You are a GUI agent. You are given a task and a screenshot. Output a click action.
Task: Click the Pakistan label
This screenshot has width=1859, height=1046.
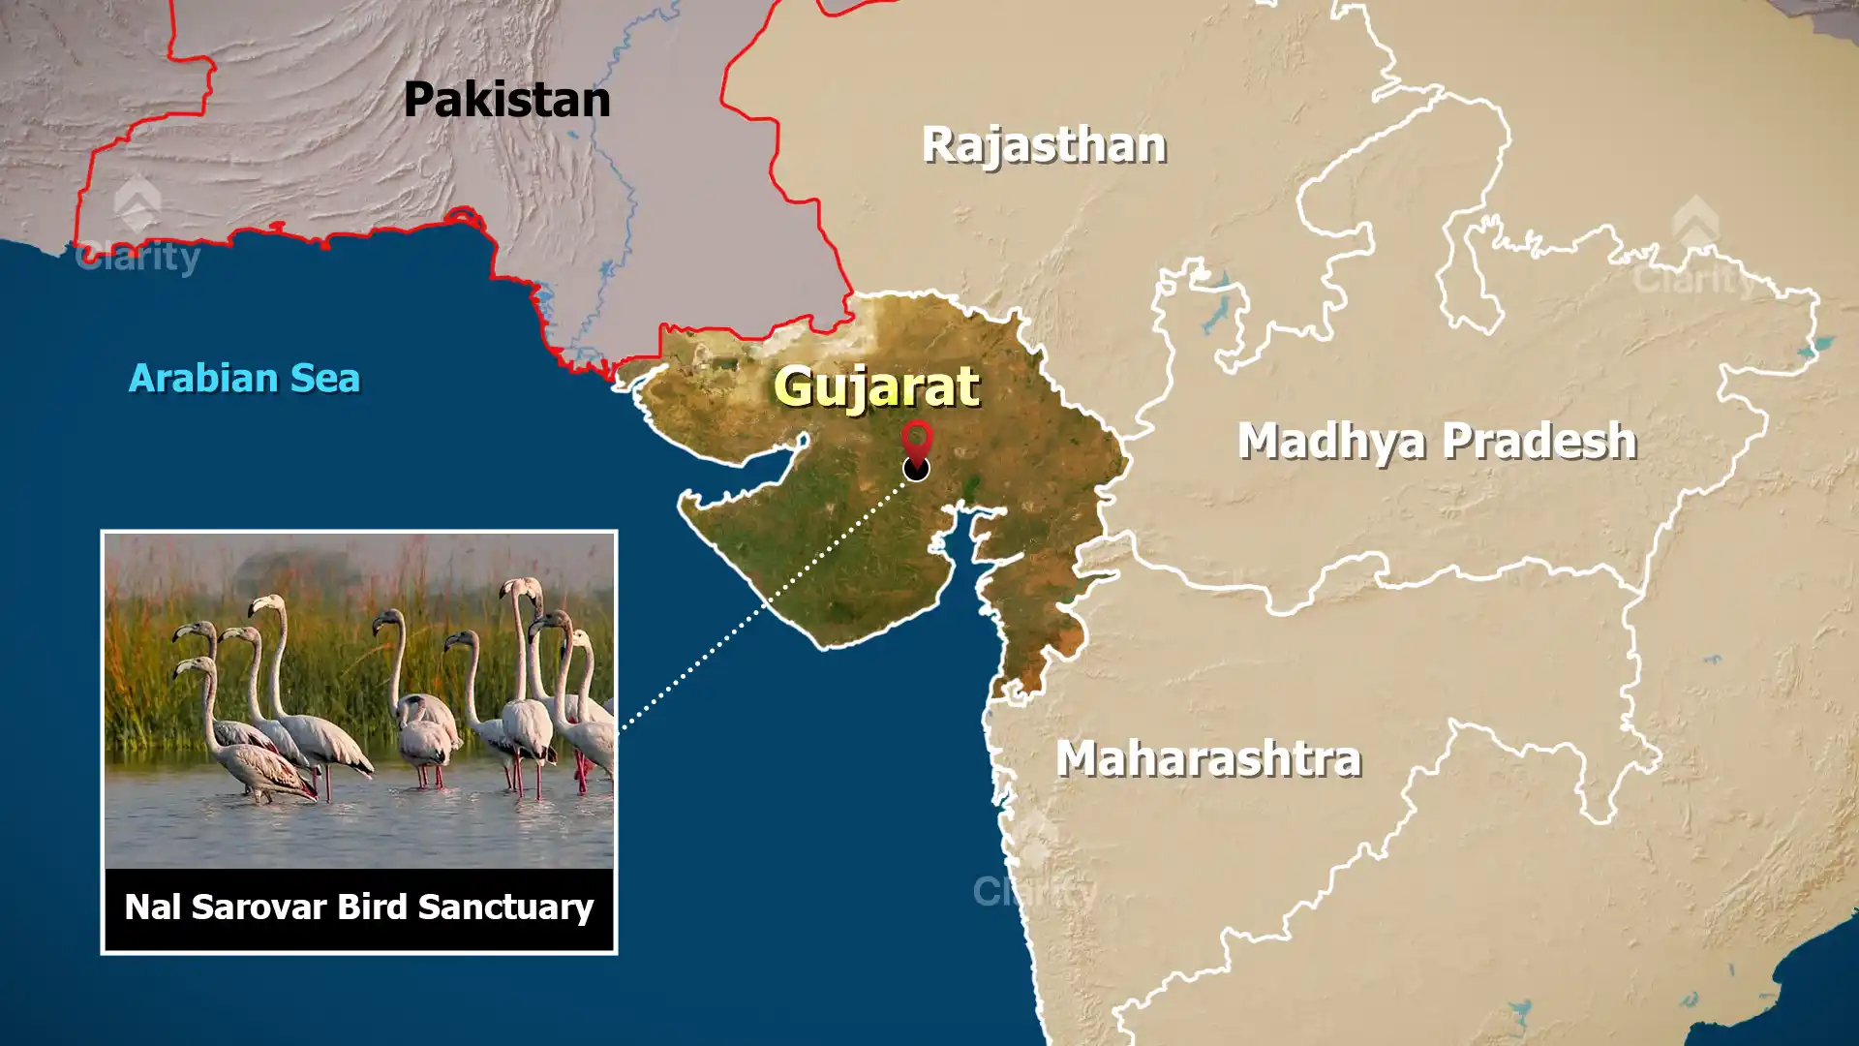(x=506, y=100)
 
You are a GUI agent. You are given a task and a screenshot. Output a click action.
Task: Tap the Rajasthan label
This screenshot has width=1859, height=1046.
(x=1044, y=145)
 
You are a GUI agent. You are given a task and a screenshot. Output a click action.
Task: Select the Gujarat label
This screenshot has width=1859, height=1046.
(x=876, y=386)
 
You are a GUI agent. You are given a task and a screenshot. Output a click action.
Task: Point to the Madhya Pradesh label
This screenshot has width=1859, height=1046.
(x=1437, y=441)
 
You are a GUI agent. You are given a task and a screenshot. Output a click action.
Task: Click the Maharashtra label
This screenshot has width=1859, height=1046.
(x=1208, y=758)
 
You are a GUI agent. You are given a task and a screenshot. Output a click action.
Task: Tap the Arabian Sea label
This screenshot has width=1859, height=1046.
(x=244, y=378)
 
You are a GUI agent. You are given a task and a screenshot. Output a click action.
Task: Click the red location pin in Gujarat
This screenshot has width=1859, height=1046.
(x=916, y=440)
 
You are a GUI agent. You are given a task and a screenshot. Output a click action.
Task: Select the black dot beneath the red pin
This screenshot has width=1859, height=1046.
(x=916, y=470)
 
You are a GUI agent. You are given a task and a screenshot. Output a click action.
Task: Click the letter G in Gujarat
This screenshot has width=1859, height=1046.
(x=795, y=386)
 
